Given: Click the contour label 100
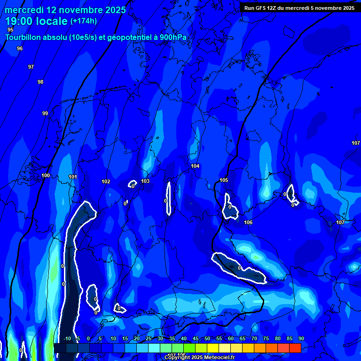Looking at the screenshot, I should pos(45,175).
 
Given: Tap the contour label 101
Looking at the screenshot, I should pos(73,177).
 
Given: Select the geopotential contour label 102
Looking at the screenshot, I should pos(106,181).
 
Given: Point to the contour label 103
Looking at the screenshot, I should pos(145,181).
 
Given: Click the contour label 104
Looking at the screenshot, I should pos(195,166).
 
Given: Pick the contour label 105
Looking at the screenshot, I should pos(224,180).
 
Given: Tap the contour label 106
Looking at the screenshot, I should pos(248,222).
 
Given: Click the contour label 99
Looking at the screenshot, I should pos(45,113).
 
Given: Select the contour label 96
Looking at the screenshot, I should pos(20,48).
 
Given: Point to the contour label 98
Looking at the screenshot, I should pos(40,82).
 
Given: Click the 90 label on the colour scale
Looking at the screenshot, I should pos(301,338).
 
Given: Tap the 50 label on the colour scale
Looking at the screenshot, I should pos(207,338).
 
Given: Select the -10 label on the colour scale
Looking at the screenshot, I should pos(67,338).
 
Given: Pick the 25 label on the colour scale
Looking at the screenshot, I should pos(149,338).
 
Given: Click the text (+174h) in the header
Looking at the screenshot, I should pos(84,21).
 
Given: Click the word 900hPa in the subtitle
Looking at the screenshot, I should pos(173,37).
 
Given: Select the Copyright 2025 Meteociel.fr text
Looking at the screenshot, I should pos(199,357).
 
